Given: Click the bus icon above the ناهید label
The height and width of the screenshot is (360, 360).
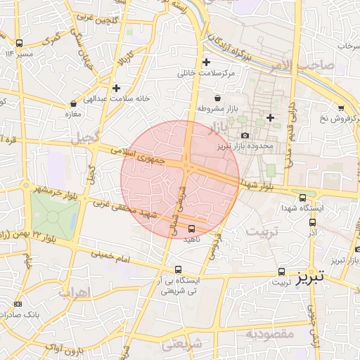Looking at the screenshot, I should [x=192, y=229].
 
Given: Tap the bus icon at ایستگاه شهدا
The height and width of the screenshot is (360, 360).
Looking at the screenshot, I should [x=302, y=198].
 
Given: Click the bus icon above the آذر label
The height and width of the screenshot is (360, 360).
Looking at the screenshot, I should [x=312, y=221].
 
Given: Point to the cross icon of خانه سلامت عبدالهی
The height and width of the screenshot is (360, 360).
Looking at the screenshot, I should [x=116, y=88].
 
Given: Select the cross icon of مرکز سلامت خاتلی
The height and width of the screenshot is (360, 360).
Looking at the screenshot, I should [x=206, y=62].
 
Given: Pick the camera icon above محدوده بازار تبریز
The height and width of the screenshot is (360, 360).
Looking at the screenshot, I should [x=244, y=136].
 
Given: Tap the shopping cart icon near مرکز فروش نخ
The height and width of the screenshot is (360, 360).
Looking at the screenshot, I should [x=341, y=108].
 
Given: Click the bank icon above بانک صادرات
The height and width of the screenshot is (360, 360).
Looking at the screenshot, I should [x=18, y=304].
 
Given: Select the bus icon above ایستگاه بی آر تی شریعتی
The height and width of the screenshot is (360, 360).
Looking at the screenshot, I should [x=178, y=269].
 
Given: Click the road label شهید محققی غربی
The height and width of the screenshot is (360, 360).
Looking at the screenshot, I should [x=133, y=210].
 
